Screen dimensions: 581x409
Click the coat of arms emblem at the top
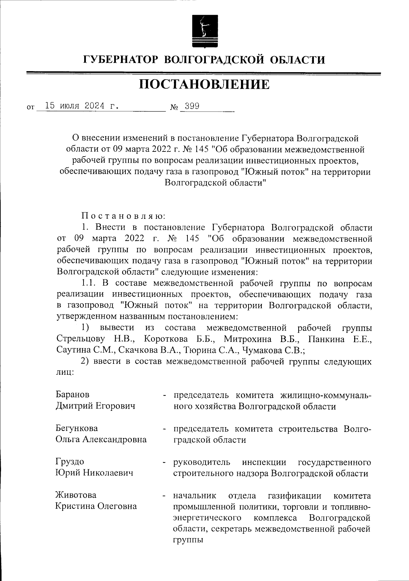click(204, 30)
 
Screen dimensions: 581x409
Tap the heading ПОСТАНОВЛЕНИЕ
click(204, 84)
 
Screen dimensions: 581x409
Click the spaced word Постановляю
click(123, 216)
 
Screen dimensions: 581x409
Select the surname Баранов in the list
click(73, 394)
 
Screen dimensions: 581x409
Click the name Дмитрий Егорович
click(95, 406)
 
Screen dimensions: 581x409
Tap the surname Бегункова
click(77, 428)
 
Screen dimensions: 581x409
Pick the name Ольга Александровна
click(101, 439)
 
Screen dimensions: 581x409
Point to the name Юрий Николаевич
click(94, 473)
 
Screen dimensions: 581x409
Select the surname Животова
click(76, 495)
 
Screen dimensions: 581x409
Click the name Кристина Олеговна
click(96, 506)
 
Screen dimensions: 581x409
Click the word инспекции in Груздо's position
click(264, 462)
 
